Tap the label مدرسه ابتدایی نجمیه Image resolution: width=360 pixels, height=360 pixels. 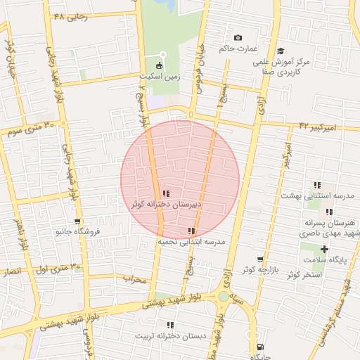click(191, 241)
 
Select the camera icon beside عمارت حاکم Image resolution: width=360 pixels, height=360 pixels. click(238, 37)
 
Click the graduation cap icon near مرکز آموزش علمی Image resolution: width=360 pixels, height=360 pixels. click(281, 51)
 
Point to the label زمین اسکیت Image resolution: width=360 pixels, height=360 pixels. click(159, 77)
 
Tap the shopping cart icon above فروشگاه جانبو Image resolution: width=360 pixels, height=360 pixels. click(77, 221)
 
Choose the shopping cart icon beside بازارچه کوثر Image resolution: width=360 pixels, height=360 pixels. click(260, 259)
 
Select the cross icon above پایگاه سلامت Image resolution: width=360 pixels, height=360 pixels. click(324, 249)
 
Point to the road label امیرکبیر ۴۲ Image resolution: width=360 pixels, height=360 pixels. click(319, 127)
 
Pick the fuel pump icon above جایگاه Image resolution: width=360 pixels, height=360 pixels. click(260, 346)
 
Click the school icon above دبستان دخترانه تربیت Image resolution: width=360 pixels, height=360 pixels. click(170, 325)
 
